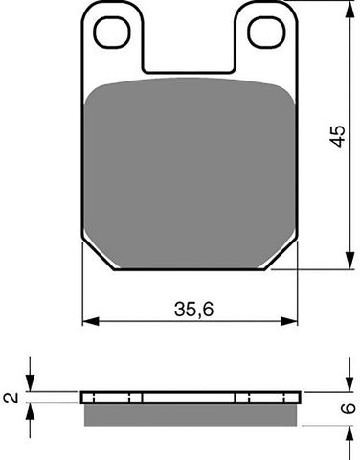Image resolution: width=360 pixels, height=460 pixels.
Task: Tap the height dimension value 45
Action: point(334,134)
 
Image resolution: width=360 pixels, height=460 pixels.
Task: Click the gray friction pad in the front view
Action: point(190,172)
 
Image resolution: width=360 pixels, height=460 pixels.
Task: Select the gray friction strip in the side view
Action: point(190,414)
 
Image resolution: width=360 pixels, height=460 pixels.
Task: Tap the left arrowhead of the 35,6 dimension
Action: point(87,319)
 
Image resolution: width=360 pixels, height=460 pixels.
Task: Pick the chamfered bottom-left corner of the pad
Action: point(100,254)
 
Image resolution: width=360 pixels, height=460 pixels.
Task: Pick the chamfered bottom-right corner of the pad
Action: point(280,254)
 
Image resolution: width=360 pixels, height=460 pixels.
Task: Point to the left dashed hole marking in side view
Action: point(142,397)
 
